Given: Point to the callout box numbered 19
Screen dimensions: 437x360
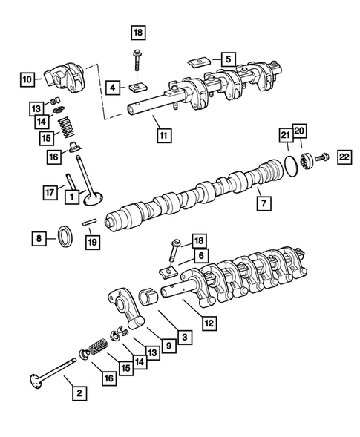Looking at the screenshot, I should pos(91,242).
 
